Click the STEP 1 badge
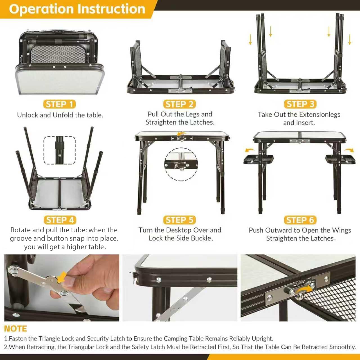59,104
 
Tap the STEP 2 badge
179,104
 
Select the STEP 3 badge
300,104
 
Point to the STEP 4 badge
60,220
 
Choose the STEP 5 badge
179,220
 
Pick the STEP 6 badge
300,220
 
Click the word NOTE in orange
15,328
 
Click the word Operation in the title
41,9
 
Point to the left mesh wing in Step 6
258,159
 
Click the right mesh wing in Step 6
340,159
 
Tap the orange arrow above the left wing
250,150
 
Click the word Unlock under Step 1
28,115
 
